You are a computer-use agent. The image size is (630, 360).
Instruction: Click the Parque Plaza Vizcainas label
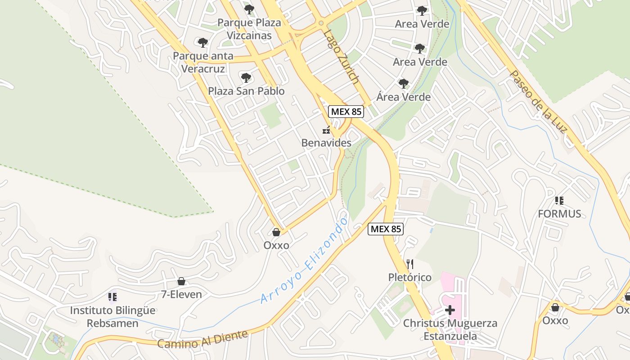tap(249, 29)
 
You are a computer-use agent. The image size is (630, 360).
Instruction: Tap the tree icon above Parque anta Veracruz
tap(203, 43)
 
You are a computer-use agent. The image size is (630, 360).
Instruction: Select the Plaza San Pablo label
tap(246, 91)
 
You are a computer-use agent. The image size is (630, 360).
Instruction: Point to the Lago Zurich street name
tap(342, 57)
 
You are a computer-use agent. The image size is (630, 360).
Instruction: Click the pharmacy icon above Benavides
tap(326, 130)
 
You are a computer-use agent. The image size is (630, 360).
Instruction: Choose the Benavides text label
tap(326, 143)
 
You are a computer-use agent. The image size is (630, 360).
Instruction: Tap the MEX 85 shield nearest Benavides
tap(346, 112)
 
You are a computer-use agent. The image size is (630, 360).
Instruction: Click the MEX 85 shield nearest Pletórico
tap(386, 229)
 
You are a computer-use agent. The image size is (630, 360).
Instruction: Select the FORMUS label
tap(559, 214)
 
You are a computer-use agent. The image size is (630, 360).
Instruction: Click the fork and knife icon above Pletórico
tap(409, 264)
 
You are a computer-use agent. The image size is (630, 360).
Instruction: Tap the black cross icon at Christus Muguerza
tap(450, 310)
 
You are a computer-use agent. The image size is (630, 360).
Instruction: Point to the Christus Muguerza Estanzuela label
tap(450, 329)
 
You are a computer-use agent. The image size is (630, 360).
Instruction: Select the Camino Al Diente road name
tap(202, 339)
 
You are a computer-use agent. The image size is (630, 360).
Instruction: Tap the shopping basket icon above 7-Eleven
tap(181, 281)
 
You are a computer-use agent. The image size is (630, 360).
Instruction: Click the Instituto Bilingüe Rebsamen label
tap(112, 316)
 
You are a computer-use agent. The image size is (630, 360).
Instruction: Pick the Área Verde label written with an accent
tap(404, 97)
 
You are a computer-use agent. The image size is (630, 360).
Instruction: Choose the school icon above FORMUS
tap(559, 201)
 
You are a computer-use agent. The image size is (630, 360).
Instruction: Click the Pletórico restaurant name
tap(409, 277)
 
